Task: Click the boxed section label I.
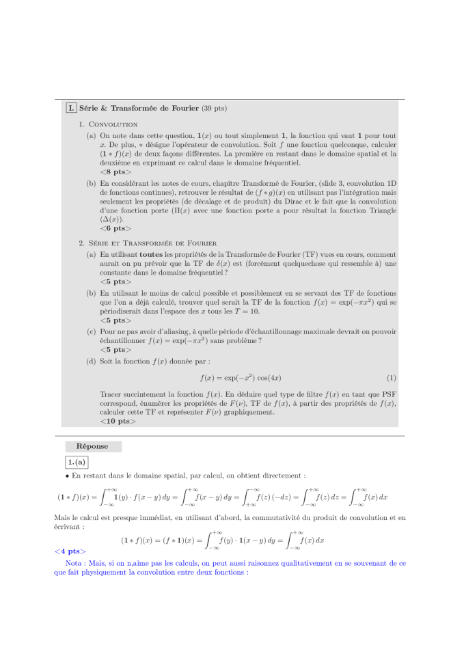click(71, 108)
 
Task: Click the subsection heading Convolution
click(113, 124)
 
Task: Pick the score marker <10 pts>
click(118, 422)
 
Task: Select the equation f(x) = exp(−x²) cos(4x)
click(241, 378)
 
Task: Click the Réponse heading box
click(92, 446)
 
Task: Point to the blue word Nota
click(79, 563)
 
